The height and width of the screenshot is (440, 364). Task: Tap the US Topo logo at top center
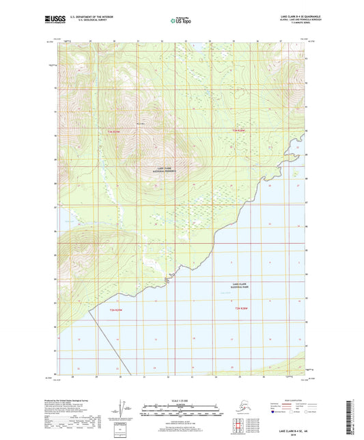coord(181,21)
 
